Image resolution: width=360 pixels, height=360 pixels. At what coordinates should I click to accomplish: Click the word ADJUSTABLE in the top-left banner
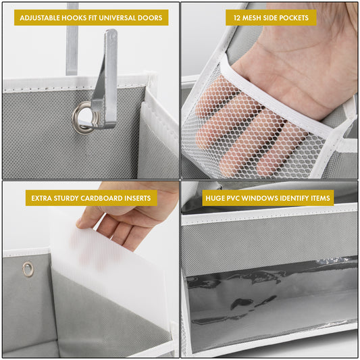click(x=43, y=18)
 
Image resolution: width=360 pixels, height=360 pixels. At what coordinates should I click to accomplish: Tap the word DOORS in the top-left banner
click(x=149, y=18)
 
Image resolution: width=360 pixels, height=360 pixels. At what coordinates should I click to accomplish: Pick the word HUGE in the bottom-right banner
click(x=215, y=199)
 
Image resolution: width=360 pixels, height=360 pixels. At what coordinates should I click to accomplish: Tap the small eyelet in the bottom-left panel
click(x=27, y=269)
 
